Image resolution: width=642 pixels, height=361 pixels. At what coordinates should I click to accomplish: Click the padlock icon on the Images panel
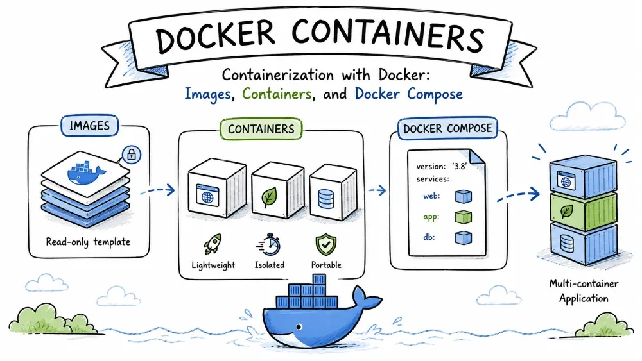[x=132, y=155]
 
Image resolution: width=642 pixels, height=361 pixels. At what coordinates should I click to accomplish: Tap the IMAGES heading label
[x=90, y=125]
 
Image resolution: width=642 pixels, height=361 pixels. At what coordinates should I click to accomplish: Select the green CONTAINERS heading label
[x=261, y=129]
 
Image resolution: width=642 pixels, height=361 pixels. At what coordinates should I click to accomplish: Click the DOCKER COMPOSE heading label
[x=447, y=128]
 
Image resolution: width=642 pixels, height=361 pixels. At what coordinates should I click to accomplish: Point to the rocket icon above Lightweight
[x=213, y=244]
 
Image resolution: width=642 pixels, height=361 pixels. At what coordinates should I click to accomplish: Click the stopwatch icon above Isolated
[x=269, y=245]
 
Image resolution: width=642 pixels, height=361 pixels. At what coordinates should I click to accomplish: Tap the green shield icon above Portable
[x=326, y=244]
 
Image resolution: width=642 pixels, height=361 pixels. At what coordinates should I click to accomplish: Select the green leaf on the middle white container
[x=269, y=197]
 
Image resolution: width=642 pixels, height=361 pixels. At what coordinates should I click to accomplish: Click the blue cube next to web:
[x=463, y=197]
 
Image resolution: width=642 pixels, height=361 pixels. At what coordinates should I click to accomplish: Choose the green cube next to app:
[x=463, y=217]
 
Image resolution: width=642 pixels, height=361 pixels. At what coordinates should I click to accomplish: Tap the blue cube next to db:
[x=463, y=237]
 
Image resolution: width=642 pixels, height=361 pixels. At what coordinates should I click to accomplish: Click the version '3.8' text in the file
[x=442, y=167]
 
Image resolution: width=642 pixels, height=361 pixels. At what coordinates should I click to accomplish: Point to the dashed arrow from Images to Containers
[x=158, y=190]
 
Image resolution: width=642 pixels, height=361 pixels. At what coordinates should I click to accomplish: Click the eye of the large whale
[x=299, y=326]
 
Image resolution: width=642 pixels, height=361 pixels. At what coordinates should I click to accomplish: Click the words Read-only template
[x=88, y=242]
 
